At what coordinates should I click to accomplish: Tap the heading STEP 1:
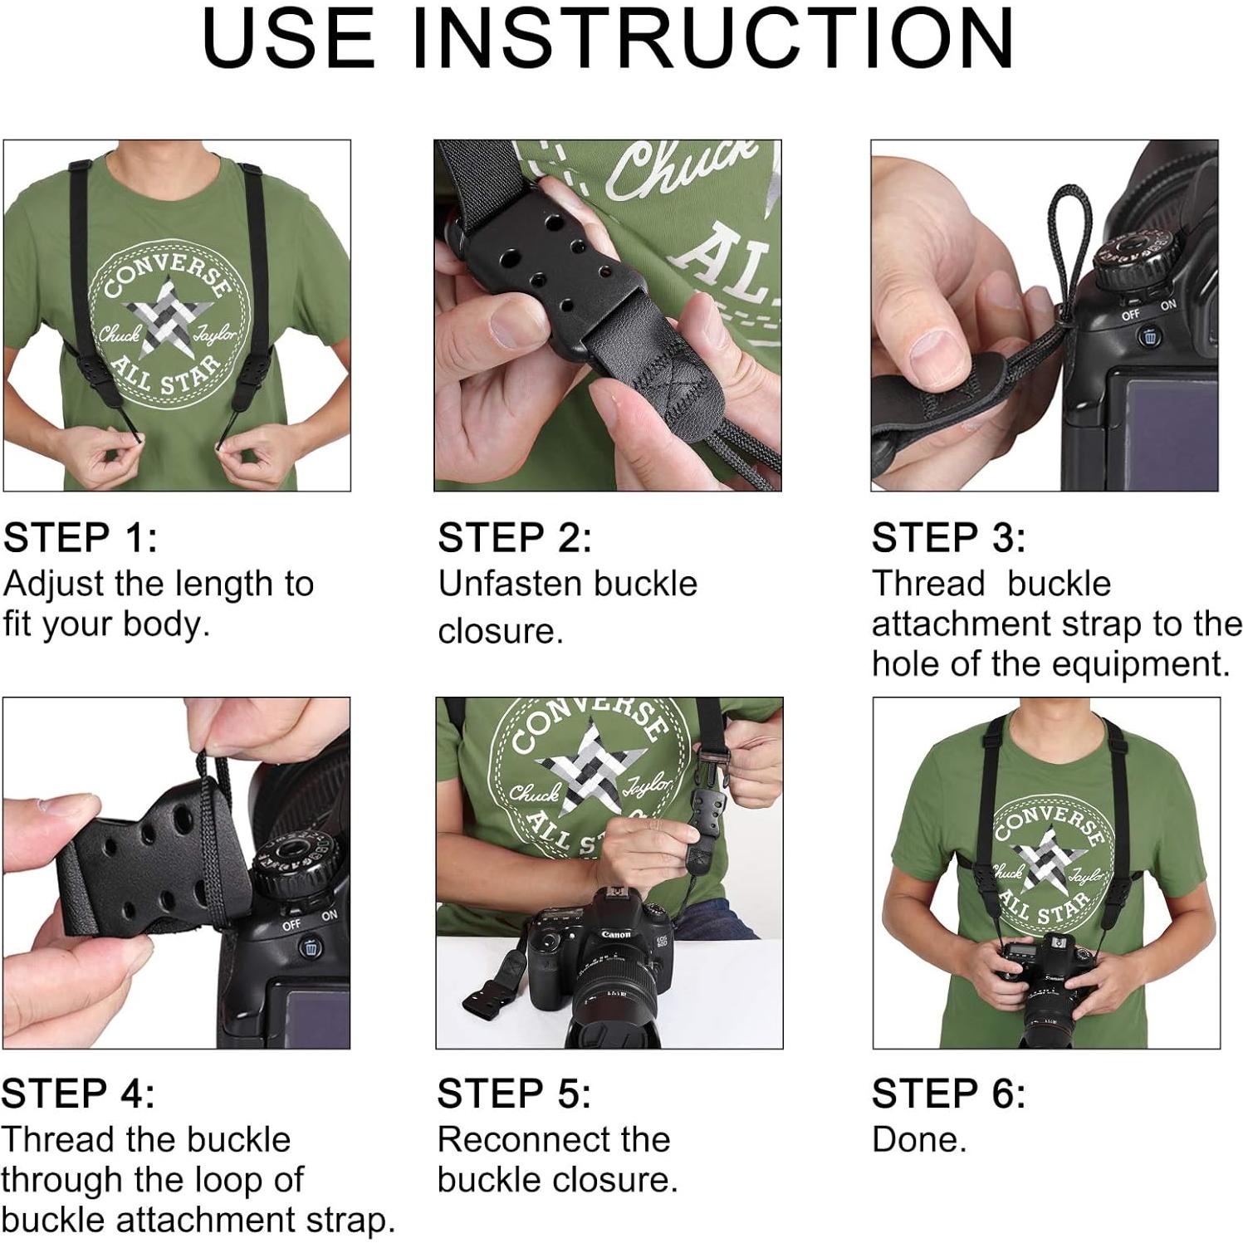[x=80, y=538]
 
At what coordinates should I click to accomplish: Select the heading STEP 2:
[x=515, y=538]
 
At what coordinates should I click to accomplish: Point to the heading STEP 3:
[x=948, y=538]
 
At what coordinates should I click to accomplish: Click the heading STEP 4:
[x=78, y=1094]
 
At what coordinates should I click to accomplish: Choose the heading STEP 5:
[x=514, y=1094]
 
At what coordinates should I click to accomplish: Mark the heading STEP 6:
[x=948, y=1094]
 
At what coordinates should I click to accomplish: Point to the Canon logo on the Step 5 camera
[x=616, y=934]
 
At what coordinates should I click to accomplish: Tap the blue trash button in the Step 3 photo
[x=1150, y=336]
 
